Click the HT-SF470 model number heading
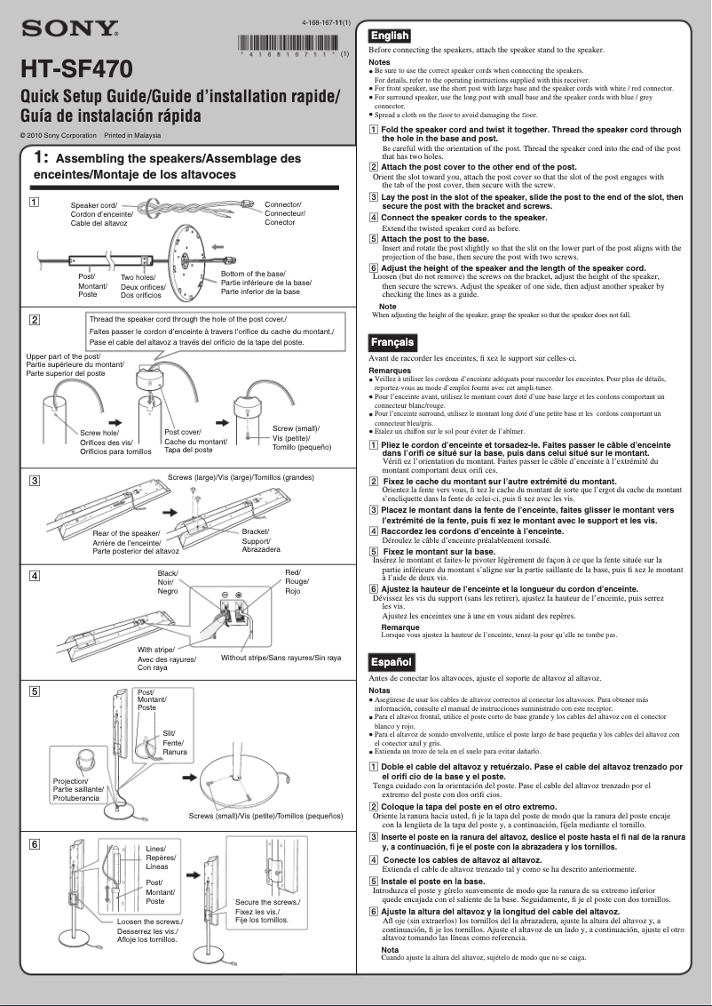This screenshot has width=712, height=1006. [76, 69]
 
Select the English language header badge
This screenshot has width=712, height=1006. [390, 36]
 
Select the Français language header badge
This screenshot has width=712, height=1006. [392, 342]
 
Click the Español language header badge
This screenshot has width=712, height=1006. [391, 662]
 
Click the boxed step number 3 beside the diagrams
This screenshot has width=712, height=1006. [33, 481]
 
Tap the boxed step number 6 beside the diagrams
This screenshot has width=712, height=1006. [33, 843]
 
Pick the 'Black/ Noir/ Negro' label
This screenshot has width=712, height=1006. [168, 582]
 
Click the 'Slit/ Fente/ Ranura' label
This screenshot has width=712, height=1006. [173, 742]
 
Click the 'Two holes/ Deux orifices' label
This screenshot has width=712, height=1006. [143, 286]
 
